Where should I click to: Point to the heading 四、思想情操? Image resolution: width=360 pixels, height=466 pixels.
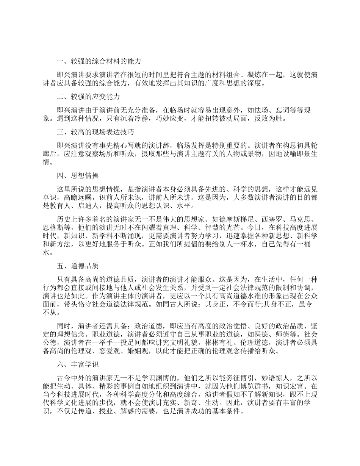pos(77,175)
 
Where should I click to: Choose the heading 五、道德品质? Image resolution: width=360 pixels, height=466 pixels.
pos(77,266)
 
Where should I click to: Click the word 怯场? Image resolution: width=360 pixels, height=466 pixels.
pos(253,109)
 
